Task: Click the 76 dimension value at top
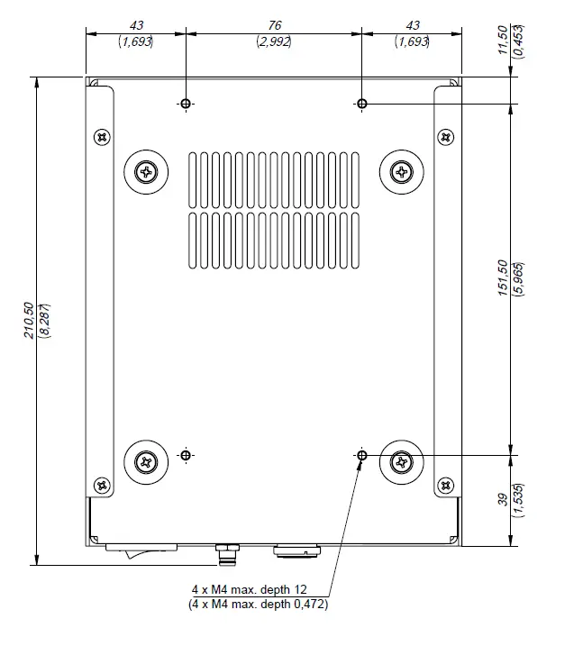point(275,26)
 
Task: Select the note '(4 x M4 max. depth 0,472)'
point(258,605)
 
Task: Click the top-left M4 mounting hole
point(186,105)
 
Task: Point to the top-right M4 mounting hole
point(362,105)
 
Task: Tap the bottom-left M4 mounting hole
point(186,456)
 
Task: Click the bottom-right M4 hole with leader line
point(362,456)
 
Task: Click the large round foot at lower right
point(401,462)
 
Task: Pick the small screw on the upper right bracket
point(445,137)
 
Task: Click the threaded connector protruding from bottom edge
point(226,553)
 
